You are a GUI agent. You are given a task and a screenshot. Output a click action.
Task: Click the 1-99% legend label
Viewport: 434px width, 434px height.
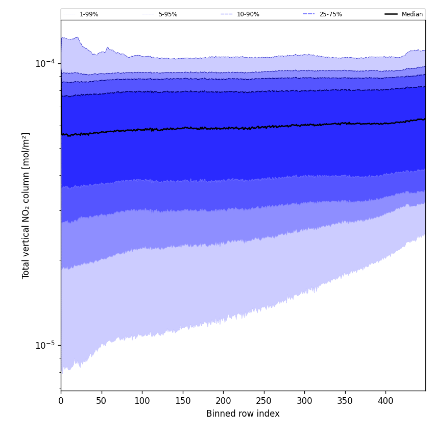pyautogui.click(x=89, y=14)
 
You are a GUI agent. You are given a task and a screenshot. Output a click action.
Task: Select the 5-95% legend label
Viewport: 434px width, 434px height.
pyautogui.click(x=168, y=14)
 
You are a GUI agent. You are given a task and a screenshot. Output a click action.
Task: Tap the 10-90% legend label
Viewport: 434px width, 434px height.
pyautogui.click(x=248, y=14)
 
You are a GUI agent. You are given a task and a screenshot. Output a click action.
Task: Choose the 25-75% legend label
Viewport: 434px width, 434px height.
pyautogui.click(x=330, y=14)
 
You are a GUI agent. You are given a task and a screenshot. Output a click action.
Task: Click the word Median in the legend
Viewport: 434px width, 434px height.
pyautogui.click(x=412, y=14)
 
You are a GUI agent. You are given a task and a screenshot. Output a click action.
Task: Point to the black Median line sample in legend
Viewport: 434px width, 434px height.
pyautogui.click(x=391, y=14)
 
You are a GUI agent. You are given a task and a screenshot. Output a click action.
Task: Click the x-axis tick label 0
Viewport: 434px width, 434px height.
pyautogui.click(x=61, y=401)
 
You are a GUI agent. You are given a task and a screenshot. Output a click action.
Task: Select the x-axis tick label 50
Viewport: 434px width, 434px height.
pyautogui.click(x=101, y=401)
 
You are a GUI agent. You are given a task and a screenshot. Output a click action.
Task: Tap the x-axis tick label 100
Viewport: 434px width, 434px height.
pyautogui.click(x=142, y=401)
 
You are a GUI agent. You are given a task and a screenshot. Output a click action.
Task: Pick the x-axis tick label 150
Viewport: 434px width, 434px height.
pyautogui.click(x=182, y=401)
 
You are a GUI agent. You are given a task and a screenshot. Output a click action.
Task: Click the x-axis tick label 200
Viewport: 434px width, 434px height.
pyautogui.click(x=223, y=401)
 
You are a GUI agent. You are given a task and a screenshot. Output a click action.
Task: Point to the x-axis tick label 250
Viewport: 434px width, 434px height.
pyautogui.click(x=263, y=401)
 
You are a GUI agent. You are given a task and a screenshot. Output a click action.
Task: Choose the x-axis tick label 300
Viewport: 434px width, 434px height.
pyautogui.click(x=304, y=401)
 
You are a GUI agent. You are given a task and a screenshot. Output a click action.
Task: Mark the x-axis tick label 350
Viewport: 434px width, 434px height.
pyautogui.click(x=345, y=401)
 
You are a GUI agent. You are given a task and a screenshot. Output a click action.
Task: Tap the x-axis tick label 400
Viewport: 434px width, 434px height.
pyautogui.click(x=385, y=401)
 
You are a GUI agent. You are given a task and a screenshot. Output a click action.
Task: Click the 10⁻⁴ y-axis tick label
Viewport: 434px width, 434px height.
pyautogui.click(x=45, y=63)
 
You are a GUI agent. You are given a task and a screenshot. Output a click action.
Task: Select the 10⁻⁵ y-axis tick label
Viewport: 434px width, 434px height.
pyautogui.click(x=45, y=345)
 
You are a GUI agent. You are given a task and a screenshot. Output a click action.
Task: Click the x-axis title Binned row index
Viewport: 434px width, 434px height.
pyautogui.click(x=243, y=414)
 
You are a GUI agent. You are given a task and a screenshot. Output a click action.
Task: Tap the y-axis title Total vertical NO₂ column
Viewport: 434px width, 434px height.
pyautogui.click(x=26, y=205)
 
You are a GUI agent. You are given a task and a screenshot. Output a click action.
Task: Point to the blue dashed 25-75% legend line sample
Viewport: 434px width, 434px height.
pyautogui.click(x=309, y=14)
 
